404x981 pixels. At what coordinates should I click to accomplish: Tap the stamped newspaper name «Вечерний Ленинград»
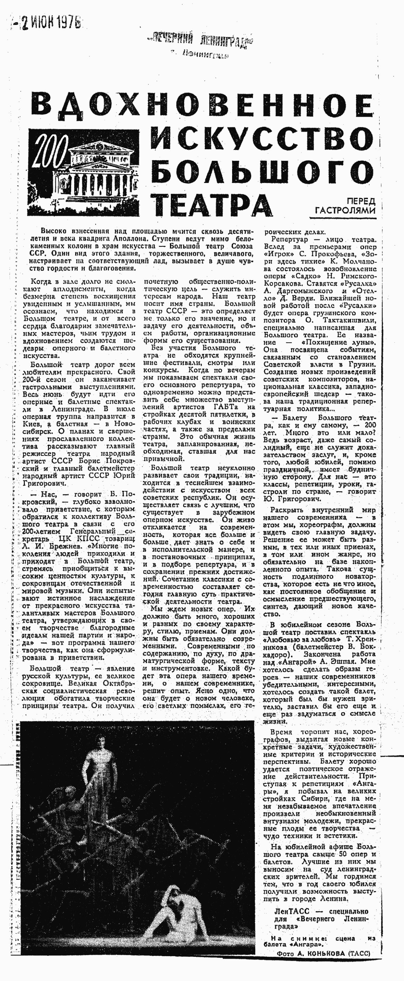click(x=201, y=39)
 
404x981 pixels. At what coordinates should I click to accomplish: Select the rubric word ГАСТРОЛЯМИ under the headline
click(x=346, y=210)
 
